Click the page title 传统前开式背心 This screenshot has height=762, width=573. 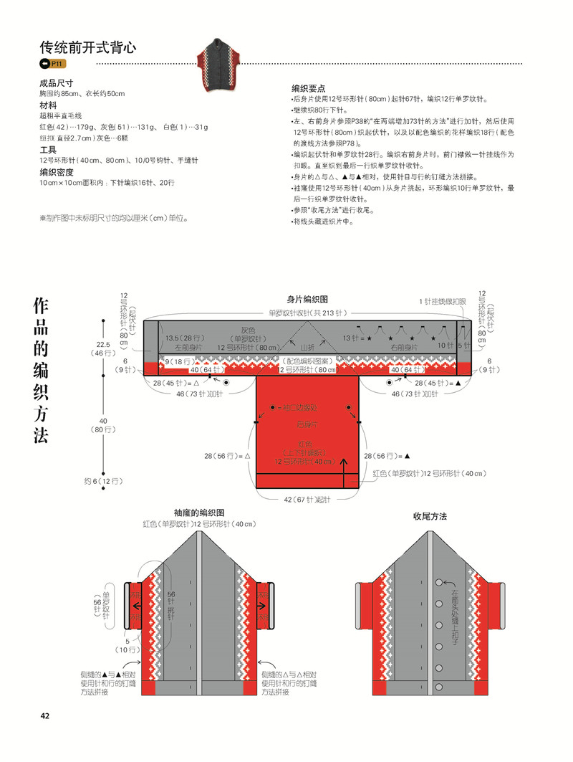[x=87, y=47]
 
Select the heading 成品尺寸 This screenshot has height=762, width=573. [x=57, y=83]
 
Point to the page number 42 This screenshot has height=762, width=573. [x=44, y=715]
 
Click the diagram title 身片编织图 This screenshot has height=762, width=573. [x=307, y=299]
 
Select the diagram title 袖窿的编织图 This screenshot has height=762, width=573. [x=199, y=513]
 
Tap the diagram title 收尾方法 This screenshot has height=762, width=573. [x=430, y=516]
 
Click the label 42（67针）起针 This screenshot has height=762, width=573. [x=307, y=500]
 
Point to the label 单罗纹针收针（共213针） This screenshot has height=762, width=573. [x=307, y=313]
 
